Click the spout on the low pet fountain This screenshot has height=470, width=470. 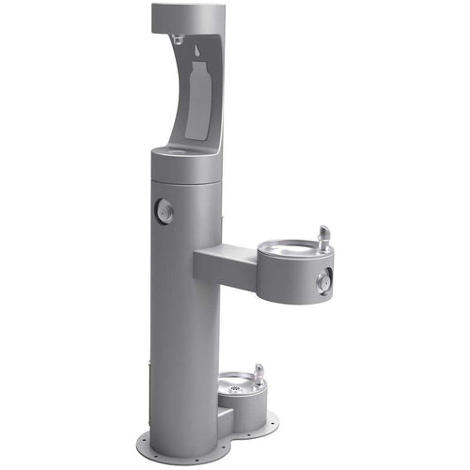pyautogui.click(x=258, y=374)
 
